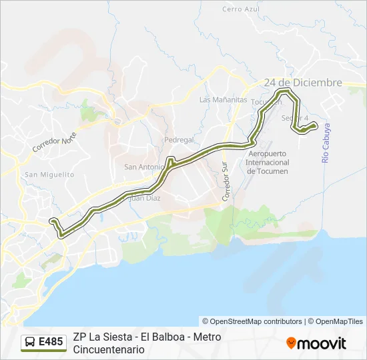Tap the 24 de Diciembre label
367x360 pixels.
(x=303, y=83)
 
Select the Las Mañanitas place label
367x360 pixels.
(x=224, y=100)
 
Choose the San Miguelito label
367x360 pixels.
(x=49, y=174)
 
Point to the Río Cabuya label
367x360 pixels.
(x=326, y=143)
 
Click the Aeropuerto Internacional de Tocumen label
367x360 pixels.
(x=268, y=162)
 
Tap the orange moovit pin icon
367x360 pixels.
(x=291, y=343)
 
